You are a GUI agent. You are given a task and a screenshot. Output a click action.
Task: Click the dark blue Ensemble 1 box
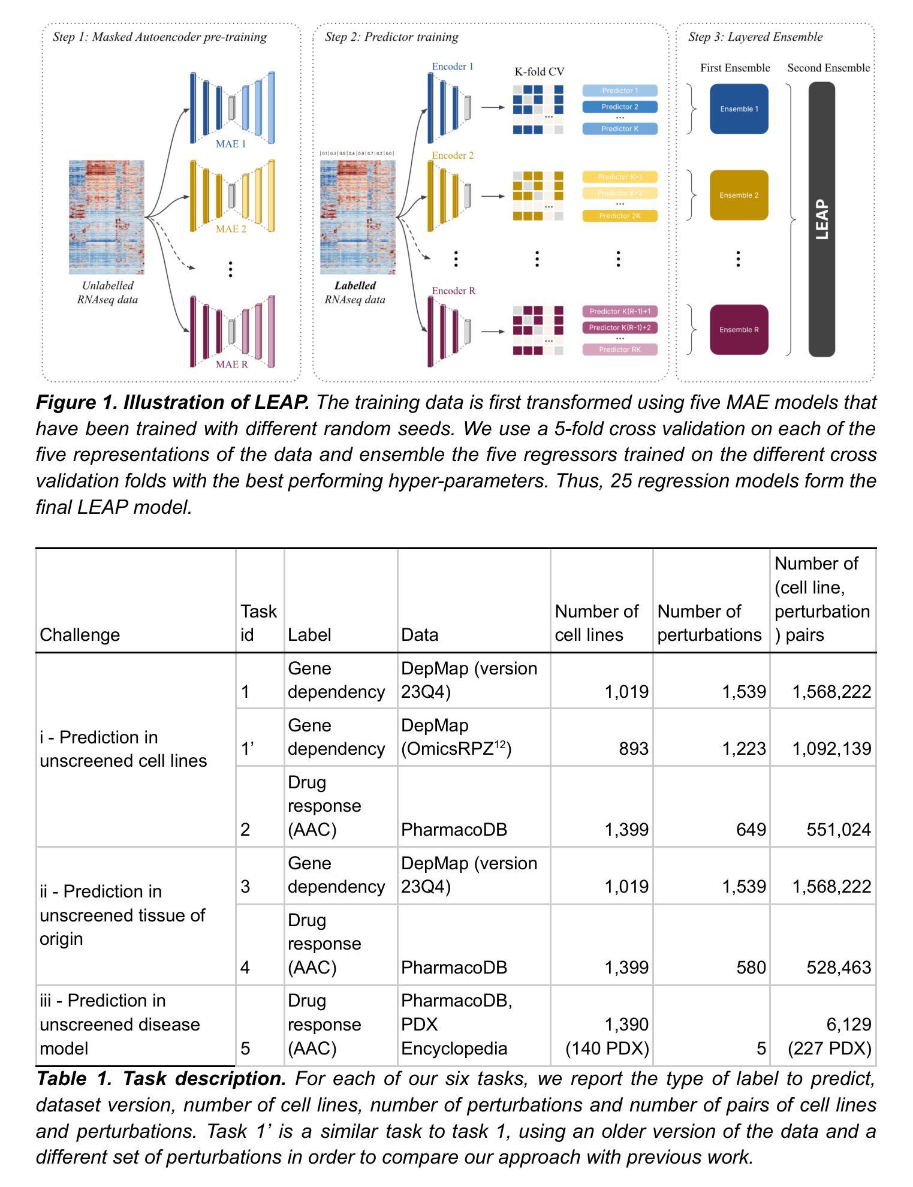pyautogui.click(x=739, y=109)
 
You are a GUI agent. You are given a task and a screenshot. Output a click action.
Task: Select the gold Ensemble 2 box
pyautogui.click(x=739, y=195)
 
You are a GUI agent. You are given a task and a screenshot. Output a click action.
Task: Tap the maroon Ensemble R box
pyautogui.click(x=739, y=329)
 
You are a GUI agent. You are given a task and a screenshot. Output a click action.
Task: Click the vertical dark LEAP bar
pyautogui.click(x=821, y=219)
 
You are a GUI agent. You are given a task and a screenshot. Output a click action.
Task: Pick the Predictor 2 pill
pyautogui.click(x=620, y=107)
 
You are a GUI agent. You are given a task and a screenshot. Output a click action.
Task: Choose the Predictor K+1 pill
pyautogui.click(x=620, y=177)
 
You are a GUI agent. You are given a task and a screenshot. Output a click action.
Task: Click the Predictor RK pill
pyautogui.click(x=620, y=350)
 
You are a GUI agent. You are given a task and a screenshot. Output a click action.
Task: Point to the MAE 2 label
pyautogui.click(x=231, y=228)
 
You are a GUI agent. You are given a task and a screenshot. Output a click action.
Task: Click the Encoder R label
pyautogui.click(x=454, y=291)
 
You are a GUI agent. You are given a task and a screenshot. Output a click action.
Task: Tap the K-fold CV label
pyautogui.click(x=539, y=72)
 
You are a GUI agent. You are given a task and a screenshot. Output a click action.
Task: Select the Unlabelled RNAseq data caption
pyautogui.click(x=107, y=293)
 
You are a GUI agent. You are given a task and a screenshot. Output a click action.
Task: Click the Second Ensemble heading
pyautogui.click(x=828, y=68)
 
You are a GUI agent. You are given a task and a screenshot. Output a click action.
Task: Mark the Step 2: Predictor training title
pyautogui.click(x=391, y=37)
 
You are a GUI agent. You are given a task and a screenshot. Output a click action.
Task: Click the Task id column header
pyautogui.click(x=258, y=622)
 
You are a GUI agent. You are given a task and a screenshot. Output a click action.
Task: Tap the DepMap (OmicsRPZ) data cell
pyautogui.click(x=456, y=737)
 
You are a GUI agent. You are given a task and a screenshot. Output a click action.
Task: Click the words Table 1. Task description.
pyautogui.click(x=161, y=1079)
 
